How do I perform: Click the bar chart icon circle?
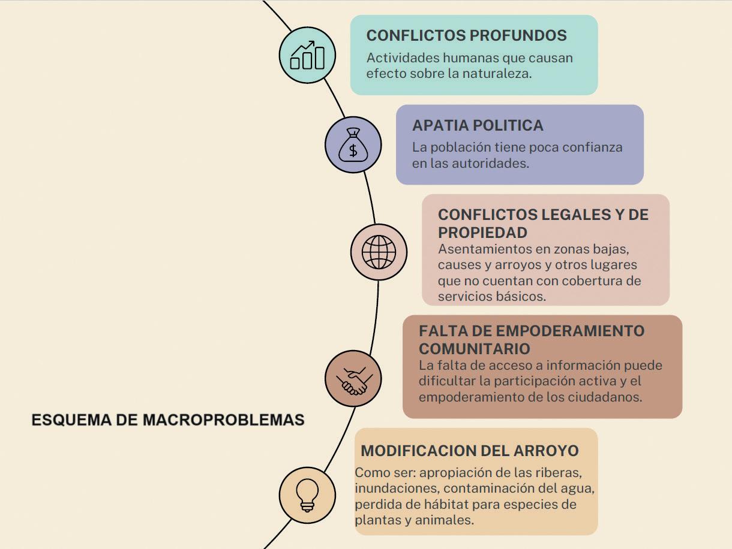(x=307, y=55)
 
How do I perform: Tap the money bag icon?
(x=353, y=145)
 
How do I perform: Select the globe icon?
(x=379, y=252)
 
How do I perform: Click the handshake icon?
(x=353, y=379)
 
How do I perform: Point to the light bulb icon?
(x=307, y=496)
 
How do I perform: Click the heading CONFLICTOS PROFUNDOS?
(x=466, y=35)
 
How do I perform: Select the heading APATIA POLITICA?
(x=478, y=125)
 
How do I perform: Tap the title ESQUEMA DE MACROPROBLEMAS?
(x=168, y=420)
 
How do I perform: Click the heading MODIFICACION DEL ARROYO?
(x=469, y=451)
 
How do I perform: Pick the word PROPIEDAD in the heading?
(x=482, y=232)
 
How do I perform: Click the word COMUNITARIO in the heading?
(x=474, y=348)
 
